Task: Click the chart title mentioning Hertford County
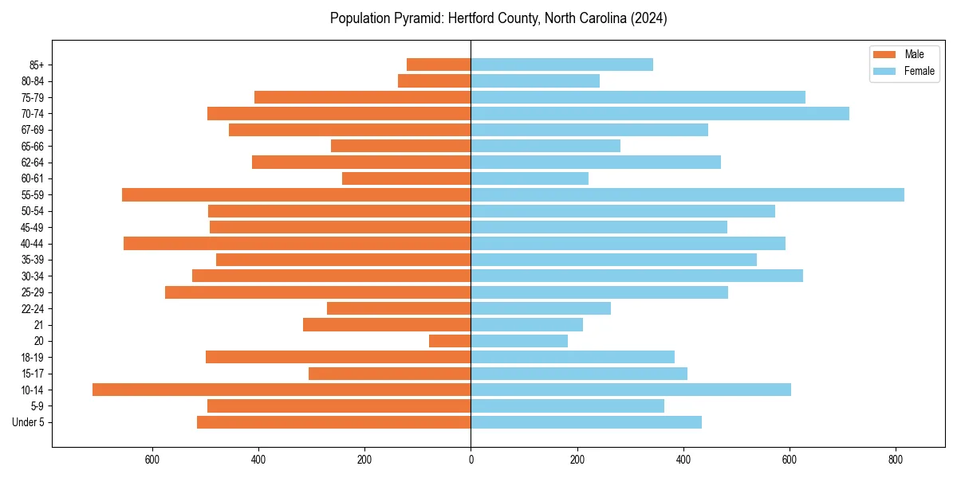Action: click(498, 18)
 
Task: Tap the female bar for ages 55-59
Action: click(687, 194)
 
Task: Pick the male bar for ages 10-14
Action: click(282, 390)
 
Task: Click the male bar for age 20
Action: click(450, 341)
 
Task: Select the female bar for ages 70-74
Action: click(660, 113)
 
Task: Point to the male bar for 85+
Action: click(439, 65)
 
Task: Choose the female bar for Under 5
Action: click(586, 422)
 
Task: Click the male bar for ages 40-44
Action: click(297, 243)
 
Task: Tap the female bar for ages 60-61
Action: click(530, 178)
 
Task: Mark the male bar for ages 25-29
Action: click(317, 292)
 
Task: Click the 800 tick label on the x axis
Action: click(896, 460)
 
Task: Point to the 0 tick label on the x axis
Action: click(471, 460)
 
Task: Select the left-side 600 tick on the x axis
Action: click(152, 460)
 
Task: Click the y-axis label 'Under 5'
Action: click(29, 422)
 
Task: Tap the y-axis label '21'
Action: click(38, 325)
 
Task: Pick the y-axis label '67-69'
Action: click(33, 130)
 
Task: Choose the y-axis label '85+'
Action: click(35, 65)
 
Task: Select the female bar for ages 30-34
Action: click(636, 276)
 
